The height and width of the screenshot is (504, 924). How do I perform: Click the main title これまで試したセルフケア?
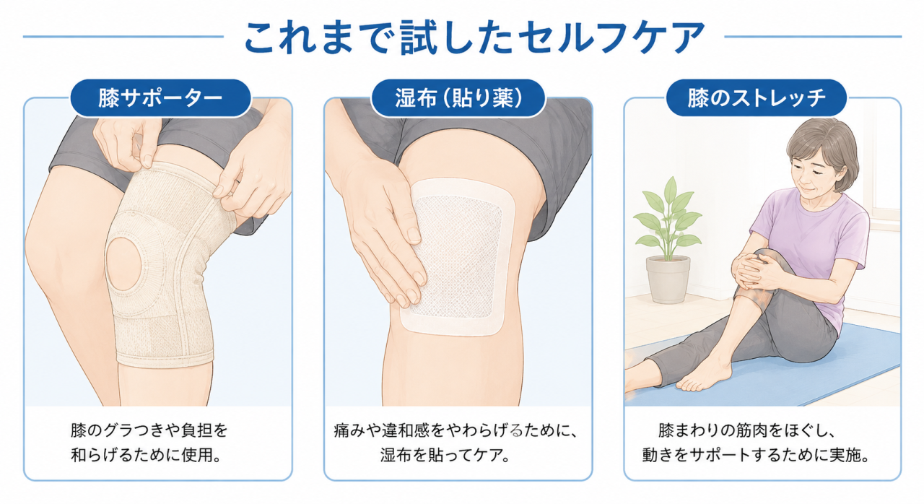pyautogui.click(x=474, y=37)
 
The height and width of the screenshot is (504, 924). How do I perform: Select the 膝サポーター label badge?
pyautogui.click(x=160, y=98)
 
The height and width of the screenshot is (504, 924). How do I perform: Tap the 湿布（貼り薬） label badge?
pyautogui.click(x=458, y=98)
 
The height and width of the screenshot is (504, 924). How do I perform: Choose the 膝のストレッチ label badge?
pyautogui.click(x=756, y=98)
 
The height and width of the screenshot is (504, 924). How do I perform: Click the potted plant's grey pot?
pyautogui.click(x=668, y=279)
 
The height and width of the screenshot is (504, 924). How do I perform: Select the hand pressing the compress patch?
pyautogui.click(x=380, y=231)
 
